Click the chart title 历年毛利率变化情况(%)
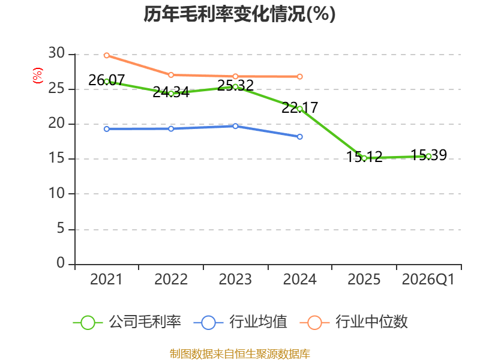(239, 14)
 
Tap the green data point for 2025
(364, 158)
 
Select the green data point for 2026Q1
(428, 156)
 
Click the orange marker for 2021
(107, 55)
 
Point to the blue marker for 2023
(235, 126)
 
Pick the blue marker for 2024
(299, 137)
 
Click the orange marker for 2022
(171, 75)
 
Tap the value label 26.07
(107, 80)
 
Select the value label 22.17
(299, 107)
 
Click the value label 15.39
(428, 155)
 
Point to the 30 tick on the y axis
(56, 53)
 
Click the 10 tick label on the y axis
(56, 193)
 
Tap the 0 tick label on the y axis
(61, 263)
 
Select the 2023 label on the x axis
(235, 279)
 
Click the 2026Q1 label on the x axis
(428, 279)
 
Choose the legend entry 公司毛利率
(127, 322)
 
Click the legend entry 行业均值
(241, 322)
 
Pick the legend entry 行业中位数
(354, 322)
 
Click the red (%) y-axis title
(38, 76)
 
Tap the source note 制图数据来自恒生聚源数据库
(239, 354)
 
